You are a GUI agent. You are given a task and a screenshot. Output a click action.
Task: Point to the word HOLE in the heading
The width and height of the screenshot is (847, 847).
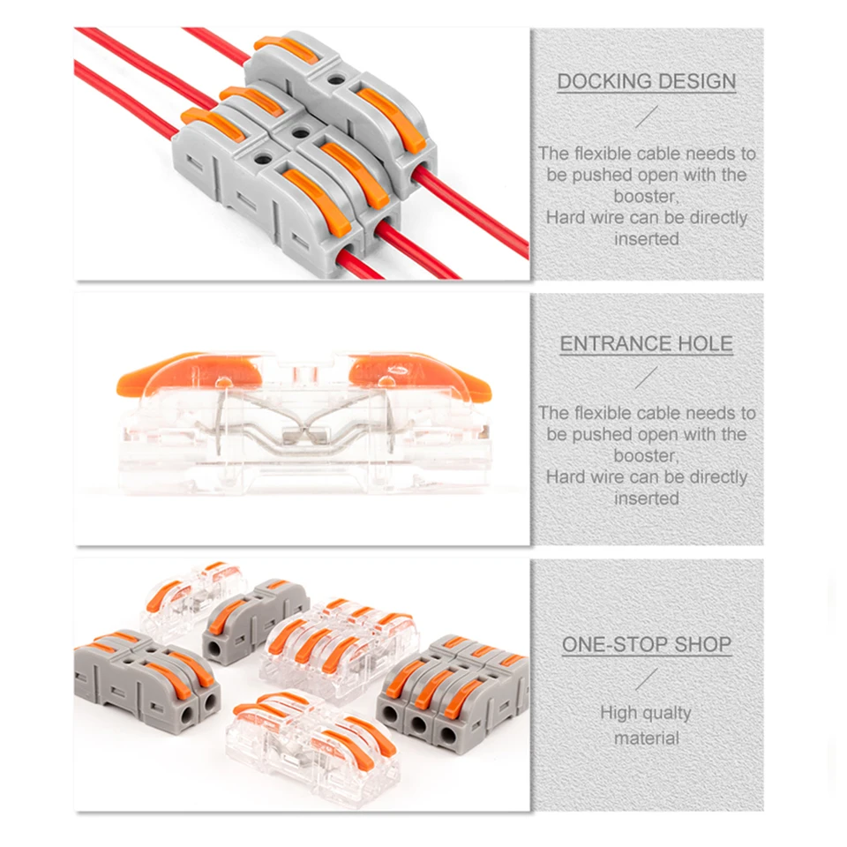(705, 344)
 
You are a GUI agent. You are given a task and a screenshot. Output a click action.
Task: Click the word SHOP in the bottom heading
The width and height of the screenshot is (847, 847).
(702, 645)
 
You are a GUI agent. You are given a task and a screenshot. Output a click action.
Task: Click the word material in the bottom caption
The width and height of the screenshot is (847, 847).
(647, 738)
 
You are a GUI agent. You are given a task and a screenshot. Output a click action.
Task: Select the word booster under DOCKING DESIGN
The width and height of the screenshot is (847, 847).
(647, 196)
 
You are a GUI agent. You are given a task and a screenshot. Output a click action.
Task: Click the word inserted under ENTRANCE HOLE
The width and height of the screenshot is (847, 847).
(647, 498)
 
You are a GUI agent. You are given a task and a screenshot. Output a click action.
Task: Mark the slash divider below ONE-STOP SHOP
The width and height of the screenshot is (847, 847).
(647, 678)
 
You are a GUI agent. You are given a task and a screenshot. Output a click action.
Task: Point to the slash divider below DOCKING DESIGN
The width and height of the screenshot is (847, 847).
(647, 116)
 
